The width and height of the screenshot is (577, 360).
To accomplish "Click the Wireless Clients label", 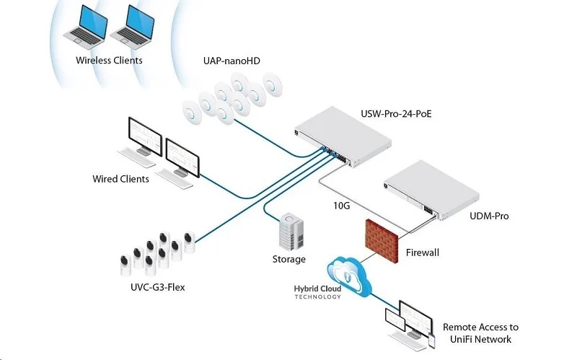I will pyautogui.click(x=109, y=61).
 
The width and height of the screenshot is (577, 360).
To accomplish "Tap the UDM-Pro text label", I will pyautogui.click(x=489, y=216).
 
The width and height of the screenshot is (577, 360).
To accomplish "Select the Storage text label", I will pyautogui.click(x=288, y=259).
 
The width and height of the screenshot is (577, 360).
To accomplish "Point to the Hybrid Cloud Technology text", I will pyautogui.click(x=317, y=292).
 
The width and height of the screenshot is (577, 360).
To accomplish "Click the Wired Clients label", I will pyautogui.click(x=120, y=179).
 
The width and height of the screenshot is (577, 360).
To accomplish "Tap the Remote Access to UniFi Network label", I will pyautogui.click(x=480, y=333).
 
